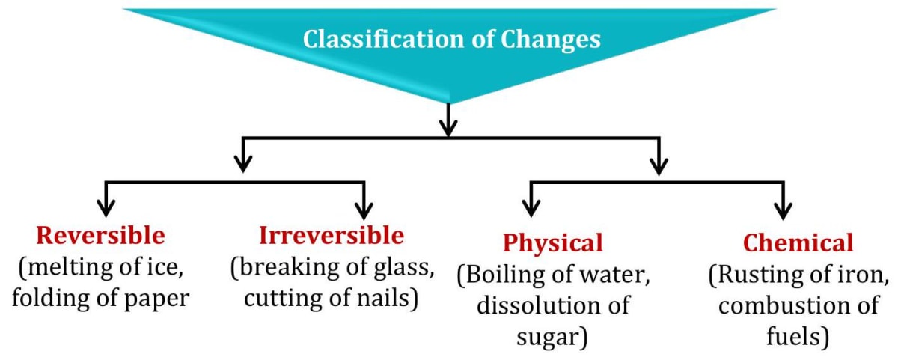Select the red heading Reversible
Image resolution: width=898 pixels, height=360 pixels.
click(100, 236)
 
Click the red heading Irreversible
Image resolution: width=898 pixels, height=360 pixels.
click(332, 236)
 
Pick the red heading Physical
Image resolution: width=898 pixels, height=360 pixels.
click(552, 243)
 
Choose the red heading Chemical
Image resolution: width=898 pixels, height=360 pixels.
click(798, 243)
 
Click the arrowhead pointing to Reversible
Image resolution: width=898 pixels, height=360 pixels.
click(106, 207)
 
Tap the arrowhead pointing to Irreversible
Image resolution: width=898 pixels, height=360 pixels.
click(364, 207)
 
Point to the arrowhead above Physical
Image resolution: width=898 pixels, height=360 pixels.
click(531, 207)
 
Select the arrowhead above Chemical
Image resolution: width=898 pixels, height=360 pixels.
click(784, 207)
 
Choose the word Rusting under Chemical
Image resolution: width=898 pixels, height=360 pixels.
click(760, 276)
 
